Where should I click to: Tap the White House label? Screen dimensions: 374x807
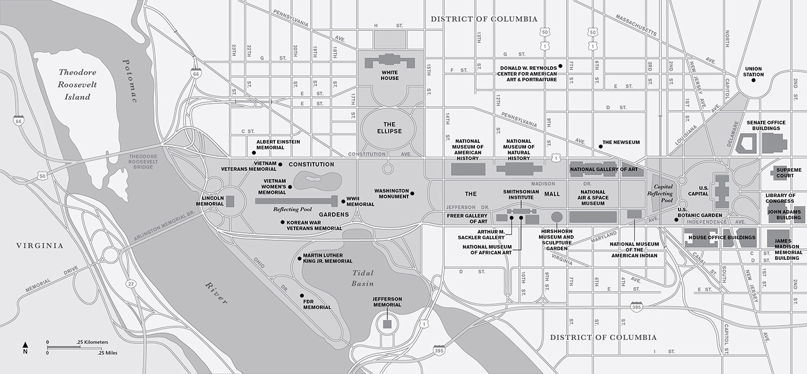coord(390,75)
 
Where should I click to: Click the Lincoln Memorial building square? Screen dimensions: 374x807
coord(230,201)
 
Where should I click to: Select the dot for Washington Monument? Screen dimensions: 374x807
coord(412,194)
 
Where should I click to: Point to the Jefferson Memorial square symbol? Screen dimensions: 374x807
coord(387,324)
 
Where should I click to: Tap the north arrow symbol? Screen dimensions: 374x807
coord(25,345)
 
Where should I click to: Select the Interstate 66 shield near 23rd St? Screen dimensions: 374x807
coord(197,73)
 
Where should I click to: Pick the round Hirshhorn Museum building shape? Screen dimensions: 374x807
coord(557,217)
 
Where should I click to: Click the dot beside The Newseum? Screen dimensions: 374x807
coord(600,147)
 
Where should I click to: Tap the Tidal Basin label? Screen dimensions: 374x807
coord(363,278)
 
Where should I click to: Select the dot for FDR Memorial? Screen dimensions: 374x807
coord(301,296)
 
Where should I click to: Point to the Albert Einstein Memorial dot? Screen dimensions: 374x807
coord(254,153)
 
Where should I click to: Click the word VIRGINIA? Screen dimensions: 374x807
coord(40,245)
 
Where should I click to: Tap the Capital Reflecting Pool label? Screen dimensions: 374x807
coord(662,194)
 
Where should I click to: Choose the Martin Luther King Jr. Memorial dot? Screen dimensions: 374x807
coord(299,259)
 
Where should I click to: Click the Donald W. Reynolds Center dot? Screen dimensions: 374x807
coord(560,67)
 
